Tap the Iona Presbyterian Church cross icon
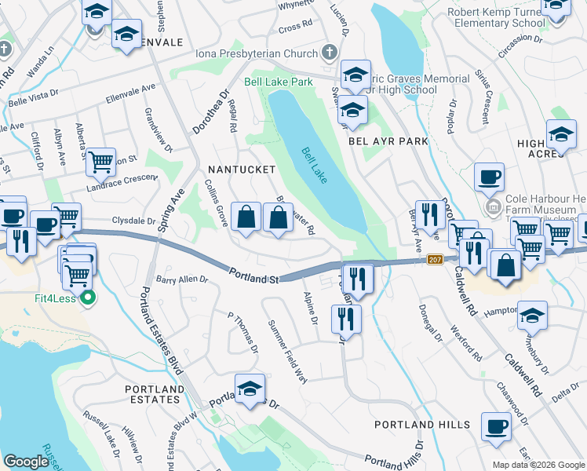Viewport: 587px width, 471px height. pyautogui.click(x=330, y=53)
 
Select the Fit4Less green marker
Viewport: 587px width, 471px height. pyautogui.click(x=88, y=298)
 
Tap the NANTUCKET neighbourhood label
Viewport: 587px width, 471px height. pyautogui.click(x=242, y=170)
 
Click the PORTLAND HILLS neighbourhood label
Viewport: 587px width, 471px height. pyautogui.click(x=422, y=425)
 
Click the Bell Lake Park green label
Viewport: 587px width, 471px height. pyautogui.click(x=278, y=81)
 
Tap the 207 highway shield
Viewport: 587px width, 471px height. pyautogui.click(x=437, y=260)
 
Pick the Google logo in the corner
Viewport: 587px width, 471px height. pyautogui.click(x=26, y=462)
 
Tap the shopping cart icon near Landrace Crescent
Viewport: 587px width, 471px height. pyautogui.click(x=101, y=162)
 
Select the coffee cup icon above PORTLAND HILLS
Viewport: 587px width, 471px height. pyautogui.click(x=496, y=426)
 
